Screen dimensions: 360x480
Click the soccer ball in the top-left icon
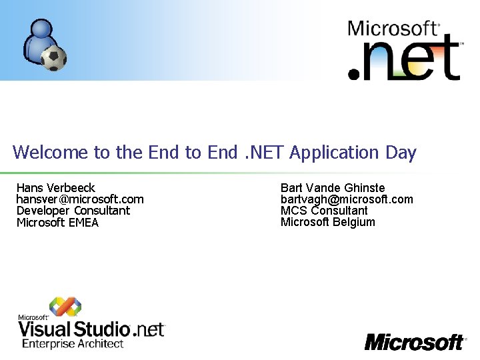[53, 58]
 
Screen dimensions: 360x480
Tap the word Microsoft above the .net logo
[391, 29]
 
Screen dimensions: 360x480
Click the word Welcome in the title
[50, 153]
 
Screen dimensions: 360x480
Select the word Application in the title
[335, 153]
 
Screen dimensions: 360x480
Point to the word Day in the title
[401, 153]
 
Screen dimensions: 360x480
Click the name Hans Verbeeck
[56, 188]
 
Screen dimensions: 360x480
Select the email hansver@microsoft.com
[80, 199]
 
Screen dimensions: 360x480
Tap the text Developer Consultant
[73, 211]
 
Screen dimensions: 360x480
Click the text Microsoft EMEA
[57, 223]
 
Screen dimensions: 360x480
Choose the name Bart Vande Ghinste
[333, 188]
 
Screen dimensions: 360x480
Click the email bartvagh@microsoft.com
[347, 199]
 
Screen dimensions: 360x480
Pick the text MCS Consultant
[324, 211]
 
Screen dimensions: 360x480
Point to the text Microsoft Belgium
[327, 222]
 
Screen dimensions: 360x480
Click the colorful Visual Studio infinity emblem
[65, 306]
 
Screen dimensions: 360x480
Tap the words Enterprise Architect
[73, 344]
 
